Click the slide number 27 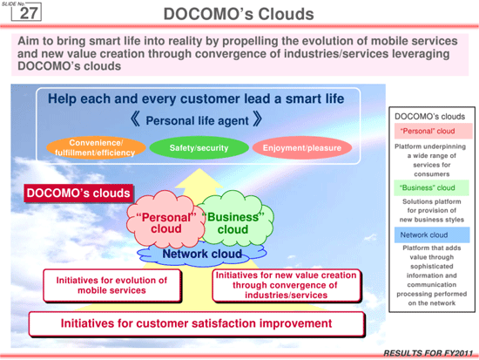coord(29,13)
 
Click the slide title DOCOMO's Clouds coord(239,14)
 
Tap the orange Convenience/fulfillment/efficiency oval coord(96,147)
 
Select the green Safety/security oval coord(199,147)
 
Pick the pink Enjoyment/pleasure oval coord(302,147)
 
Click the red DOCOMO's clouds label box coord(78,193)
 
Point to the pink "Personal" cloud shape coord(165,219)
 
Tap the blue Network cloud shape coord(202,255)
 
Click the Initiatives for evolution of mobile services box coord(112,285)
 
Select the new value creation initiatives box coord(287,285)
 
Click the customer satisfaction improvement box coord(197,323)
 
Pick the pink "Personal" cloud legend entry coord(433,132)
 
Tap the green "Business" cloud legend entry coord(431,187)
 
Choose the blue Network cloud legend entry coord(432,234)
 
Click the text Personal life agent coord(197,120)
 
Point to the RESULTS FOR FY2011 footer coord(428,353)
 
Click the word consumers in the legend coord(432,174)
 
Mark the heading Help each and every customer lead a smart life coord(196,98)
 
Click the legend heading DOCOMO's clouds coord(429,117)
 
